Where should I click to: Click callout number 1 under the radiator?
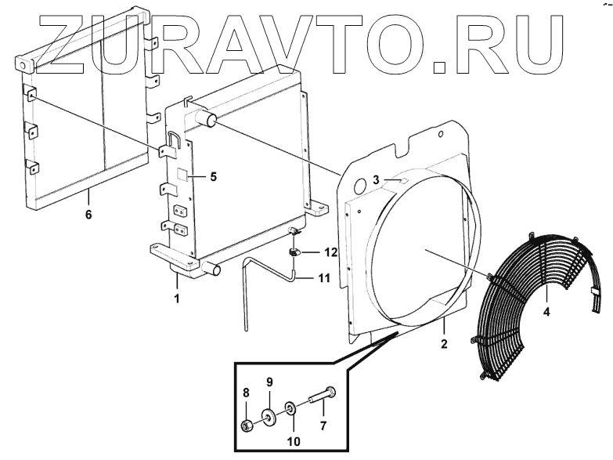click(x=177, y=299)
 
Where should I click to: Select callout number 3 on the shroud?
click(x=376, y=180)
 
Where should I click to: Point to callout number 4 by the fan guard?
click(x=546, y=311)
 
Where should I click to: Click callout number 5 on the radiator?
click(x=212, y=176)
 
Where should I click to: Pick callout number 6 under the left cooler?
click(x=88, y=214)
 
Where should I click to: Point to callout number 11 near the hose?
click(x=324, y=278)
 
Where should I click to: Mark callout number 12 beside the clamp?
click(x=330, y=253)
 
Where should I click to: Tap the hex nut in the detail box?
click(x=246, y=426)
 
